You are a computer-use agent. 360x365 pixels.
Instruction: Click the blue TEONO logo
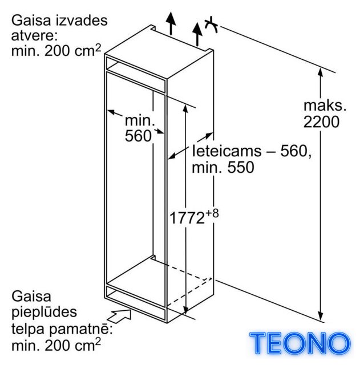300,343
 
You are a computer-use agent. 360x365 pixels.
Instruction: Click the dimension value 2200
321,121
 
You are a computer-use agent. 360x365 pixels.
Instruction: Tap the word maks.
325,105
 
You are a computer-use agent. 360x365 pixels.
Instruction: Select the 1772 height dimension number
187,218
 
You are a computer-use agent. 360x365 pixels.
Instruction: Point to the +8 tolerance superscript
212,213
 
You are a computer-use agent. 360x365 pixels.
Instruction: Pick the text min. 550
223,167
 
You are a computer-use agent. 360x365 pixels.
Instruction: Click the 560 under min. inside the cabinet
138,136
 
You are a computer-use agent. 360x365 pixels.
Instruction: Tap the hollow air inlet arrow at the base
119,315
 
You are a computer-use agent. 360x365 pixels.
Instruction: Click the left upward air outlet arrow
171,23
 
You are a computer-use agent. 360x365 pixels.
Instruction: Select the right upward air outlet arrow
197,34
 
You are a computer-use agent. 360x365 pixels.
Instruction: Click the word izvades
82,21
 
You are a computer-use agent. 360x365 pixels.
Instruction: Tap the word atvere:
34,35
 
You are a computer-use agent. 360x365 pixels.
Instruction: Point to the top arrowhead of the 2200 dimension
321,72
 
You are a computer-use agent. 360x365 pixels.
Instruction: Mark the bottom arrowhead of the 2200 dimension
321,317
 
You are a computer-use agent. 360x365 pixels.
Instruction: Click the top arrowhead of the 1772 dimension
185,109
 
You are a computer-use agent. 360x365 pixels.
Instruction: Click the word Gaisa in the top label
31,21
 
